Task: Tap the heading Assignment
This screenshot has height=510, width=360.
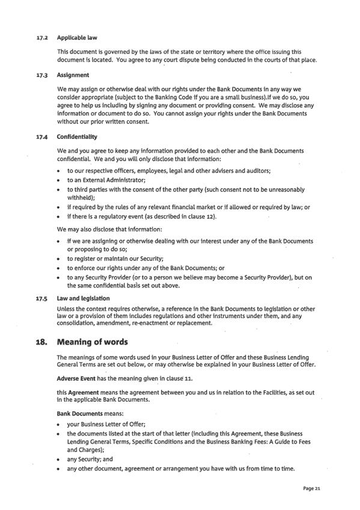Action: pyautogui.click(x=73, y=75)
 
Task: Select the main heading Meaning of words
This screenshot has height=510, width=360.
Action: pyautogui.click(x=92, y=342)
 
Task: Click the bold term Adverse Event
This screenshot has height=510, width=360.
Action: pyautogui.click(x=76, y=379)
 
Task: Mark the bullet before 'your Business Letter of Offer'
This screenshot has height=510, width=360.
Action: pyautogui.click(x=59, y=425)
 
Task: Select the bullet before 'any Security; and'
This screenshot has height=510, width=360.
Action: pyautogui.click(x=59, y=459)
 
